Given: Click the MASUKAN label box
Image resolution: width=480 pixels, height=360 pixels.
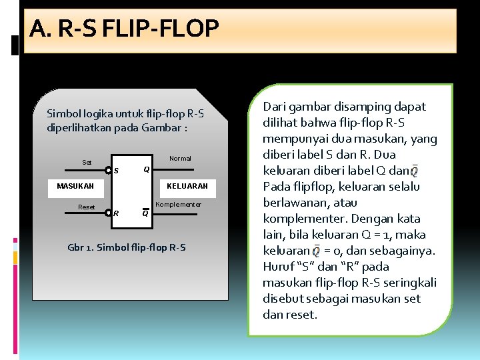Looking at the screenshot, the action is coord(75,186).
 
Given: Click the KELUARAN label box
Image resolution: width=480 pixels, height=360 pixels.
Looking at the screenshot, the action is coord(187,186).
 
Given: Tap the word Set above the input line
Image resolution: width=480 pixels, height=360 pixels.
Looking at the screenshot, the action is coord(87,162).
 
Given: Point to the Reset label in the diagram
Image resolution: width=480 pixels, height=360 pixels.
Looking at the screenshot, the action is coord(87,207).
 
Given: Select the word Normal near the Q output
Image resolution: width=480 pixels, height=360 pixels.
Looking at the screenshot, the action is coord(180,159).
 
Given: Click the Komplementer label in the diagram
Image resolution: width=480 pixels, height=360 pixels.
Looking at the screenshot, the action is coord(178,204).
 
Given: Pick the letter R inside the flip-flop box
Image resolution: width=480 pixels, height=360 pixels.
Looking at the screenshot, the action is coord(116,214).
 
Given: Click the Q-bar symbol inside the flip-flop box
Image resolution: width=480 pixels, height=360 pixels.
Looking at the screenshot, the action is coord(145,213).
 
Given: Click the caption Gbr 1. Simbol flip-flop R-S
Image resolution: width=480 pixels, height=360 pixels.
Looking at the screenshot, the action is coord(127,248).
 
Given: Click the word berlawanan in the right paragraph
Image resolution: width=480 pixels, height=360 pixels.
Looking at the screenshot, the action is coord(295,203).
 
